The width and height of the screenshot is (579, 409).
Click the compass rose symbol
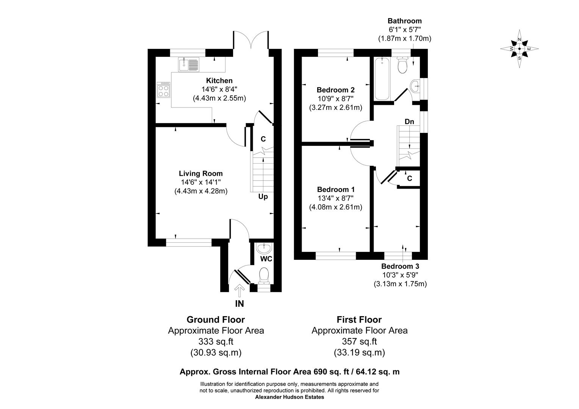click(520, 49)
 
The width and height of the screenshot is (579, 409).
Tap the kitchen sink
click(188, 64)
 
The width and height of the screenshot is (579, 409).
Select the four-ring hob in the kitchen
click(164, 90)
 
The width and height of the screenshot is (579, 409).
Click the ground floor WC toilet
click(263, 276)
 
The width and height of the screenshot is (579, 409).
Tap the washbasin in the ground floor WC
click(263, 248)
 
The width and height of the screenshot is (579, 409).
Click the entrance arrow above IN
click(239, 291)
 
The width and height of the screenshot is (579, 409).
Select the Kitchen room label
click(219, 81)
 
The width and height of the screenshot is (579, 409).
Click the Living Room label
click(201, 174)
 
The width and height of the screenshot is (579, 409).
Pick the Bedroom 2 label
click(335, 90)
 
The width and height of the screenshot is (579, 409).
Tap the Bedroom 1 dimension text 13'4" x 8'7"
click(335, 198)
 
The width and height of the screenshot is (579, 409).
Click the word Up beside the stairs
click(263, 197)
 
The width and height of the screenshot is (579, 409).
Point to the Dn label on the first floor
click(409, 122)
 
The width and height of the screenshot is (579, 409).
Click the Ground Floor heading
click(216, 320)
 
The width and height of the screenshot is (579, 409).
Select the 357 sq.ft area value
click(359, 342)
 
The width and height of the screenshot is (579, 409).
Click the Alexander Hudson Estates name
click(289, 397)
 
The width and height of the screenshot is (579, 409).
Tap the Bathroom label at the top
click(404, 21)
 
